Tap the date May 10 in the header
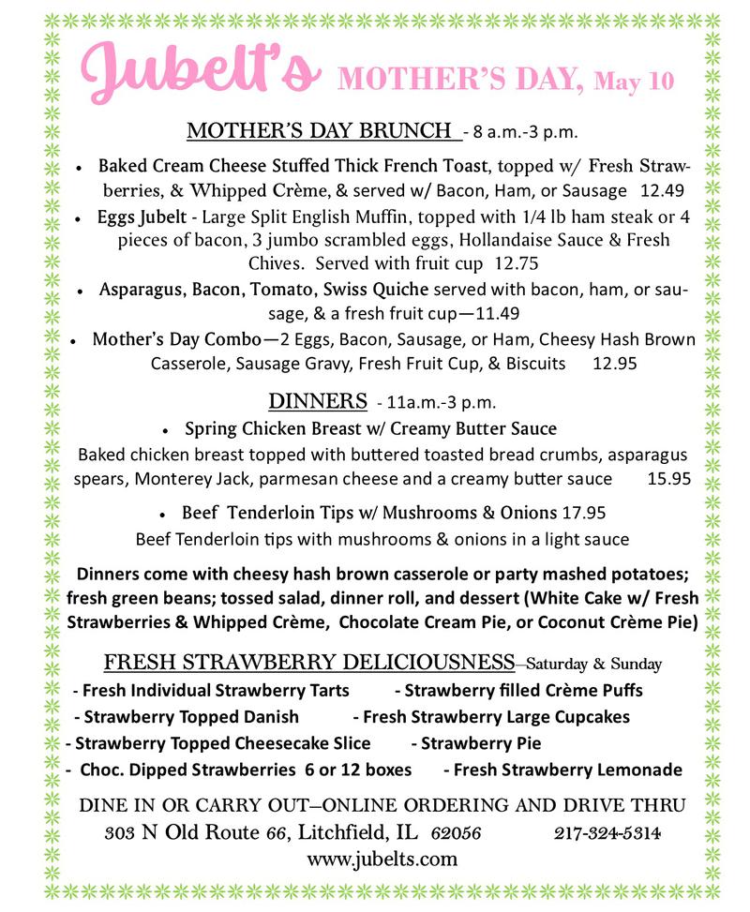(x=634, y=82)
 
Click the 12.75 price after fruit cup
(x=518, y=263)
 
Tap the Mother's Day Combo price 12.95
(x=614, y=363)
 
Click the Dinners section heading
(x=317, y=401)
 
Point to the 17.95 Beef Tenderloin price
(x=583, y=513)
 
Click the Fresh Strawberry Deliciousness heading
(x=308, y=663)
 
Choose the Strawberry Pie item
(x=481, y=743)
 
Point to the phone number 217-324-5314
(x=607, y=832)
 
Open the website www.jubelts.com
(x=382, y=859)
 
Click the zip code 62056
(x=457, y=832)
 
